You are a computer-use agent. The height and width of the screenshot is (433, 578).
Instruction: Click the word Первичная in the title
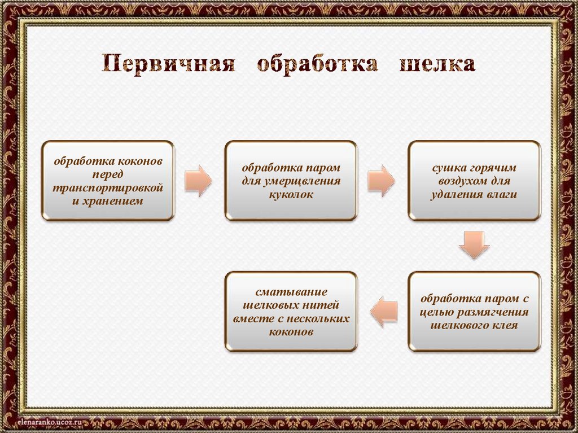coord(168,64)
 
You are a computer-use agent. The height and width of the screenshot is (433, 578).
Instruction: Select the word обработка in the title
coord(317,64)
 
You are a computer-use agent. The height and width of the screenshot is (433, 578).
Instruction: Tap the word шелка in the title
coord(437,64)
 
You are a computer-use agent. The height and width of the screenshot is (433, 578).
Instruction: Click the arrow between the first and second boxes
coord(198,181)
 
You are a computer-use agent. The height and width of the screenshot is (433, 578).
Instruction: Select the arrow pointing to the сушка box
coord(382,181)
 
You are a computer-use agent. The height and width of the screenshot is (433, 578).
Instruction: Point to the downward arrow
coord(474,243)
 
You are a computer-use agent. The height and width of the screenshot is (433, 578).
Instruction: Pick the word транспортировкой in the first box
coord(108,187)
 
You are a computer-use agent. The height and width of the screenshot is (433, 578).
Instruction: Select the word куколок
coord(291,194)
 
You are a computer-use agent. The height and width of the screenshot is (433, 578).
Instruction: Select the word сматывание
coord(291,292)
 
